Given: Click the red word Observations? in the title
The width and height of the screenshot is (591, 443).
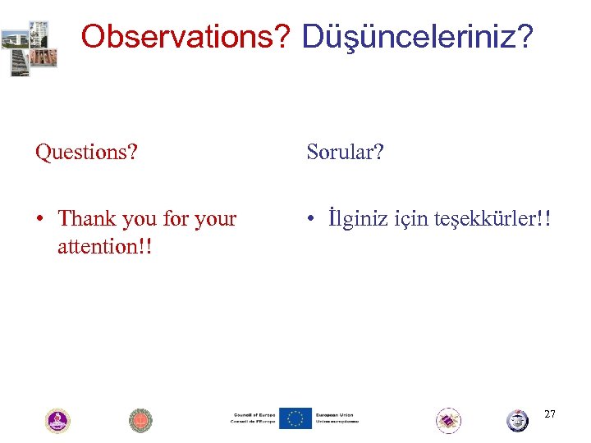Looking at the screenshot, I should coord(187,36).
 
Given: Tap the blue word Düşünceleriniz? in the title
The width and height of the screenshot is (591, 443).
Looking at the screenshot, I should coord(418,36).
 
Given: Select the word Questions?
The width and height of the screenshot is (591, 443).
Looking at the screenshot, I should coord(86,152).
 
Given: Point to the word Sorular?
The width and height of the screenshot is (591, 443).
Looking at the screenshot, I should coord(345,152).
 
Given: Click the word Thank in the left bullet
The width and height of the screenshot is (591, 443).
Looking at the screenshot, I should coord(85,219).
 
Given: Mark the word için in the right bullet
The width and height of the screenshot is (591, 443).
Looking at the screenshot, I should coord(407,219).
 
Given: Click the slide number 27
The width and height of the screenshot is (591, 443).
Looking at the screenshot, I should coord(549,414).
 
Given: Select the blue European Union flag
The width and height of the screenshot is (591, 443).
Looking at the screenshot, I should coord(295,418).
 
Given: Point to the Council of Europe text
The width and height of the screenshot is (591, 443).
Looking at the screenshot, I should coord(253,418).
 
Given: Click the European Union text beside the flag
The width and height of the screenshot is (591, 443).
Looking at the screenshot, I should coord(336,418).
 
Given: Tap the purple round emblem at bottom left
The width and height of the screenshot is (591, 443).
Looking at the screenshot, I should coord(57,421).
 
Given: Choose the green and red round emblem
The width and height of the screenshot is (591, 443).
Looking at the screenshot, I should coord(141,421).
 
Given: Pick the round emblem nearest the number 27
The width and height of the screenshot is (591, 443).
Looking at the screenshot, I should coord(517,421).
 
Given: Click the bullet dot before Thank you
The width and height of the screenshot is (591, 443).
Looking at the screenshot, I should coord(39,220).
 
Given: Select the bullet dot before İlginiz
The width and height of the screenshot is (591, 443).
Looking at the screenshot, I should coord(311,220).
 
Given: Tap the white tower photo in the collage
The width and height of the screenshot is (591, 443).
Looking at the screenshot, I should coord(39,34).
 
